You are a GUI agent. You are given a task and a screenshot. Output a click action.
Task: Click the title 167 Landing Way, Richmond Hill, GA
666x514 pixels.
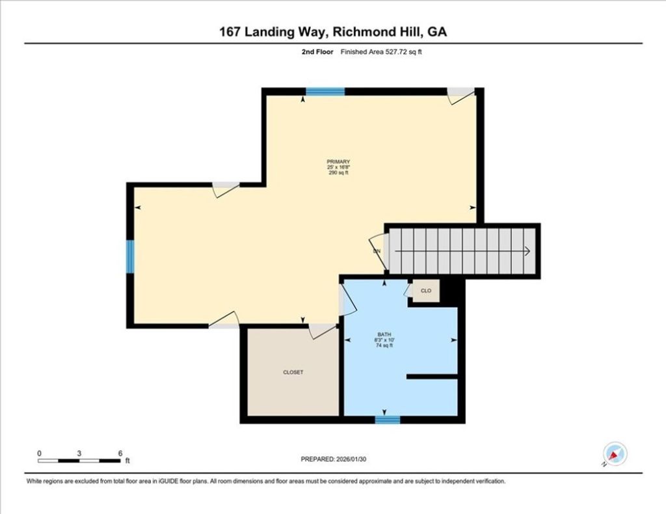click(x=333, y=32)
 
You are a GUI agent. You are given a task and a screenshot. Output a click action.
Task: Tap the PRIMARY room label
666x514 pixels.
click(x=339, y=167)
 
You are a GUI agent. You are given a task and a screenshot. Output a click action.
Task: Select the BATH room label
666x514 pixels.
click(x=384, y=340)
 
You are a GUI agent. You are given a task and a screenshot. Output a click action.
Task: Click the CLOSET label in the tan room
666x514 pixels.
click(x=293, y=372)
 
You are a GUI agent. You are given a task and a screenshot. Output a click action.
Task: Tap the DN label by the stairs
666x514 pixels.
click(x=377, y=250)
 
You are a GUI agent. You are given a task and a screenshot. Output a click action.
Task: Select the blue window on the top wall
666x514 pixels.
click(x=325, y=92)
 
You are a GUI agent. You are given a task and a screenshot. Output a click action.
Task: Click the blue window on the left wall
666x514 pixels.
click(x=130, y=256)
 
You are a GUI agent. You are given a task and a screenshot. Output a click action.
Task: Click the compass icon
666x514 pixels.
click(x=614, y=453)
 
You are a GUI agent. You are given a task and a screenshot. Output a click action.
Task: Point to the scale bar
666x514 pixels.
click(x=79, y=461)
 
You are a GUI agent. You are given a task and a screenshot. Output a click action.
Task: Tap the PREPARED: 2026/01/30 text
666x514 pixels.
click(x=338, y=459)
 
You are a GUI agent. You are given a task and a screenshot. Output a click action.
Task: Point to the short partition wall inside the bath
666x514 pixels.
click(x=433, y=376)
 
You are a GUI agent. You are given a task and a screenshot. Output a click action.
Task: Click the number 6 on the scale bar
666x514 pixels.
click(x=120, y=452)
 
